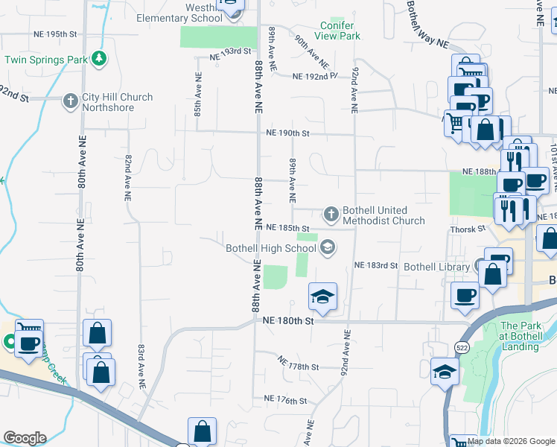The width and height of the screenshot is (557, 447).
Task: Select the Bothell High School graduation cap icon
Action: point(327,248)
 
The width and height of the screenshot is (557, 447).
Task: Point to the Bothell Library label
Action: point(435,266)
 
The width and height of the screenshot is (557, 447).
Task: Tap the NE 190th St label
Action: point(287,133)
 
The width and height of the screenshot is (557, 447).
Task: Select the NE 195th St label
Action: point(55,34)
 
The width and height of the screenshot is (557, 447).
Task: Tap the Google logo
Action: point(25,438)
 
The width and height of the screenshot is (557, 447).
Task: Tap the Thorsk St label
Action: point(468,229)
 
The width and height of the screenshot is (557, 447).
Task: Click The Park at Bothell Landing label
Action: point(521,331)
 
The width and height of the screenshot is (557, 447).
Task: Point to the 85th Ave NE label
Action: point(198,94)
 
